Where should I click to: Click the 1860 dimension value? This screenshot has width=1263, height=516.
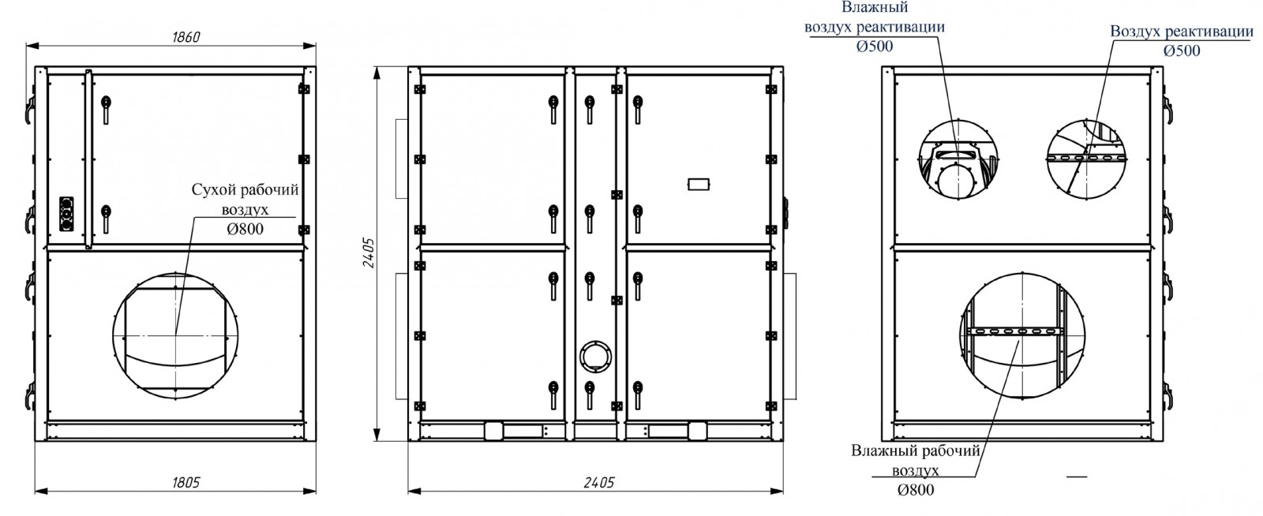[x=186, y=37]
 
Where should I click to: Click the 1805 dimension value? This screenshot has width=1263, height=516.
[x=186, y=483]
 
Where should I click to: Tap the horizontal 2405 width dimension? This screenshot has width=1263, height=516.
[x=599, y=483]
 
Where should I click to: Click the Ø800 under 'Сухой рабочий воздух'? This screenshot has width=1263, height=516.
[x=245, y=229]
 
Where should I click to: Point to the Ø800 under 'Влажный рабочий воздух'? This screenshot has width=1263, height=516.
[x=916, y=489]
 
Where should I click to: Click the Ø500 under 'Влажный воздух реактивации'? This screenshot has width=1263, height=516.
[x=875, y=47]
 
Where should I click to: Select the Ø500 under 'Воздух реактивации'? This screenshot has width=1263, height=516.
[x=1182, y=50]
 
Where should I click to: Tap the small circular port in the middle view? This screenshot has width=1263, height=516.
[x=595, y=356]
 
